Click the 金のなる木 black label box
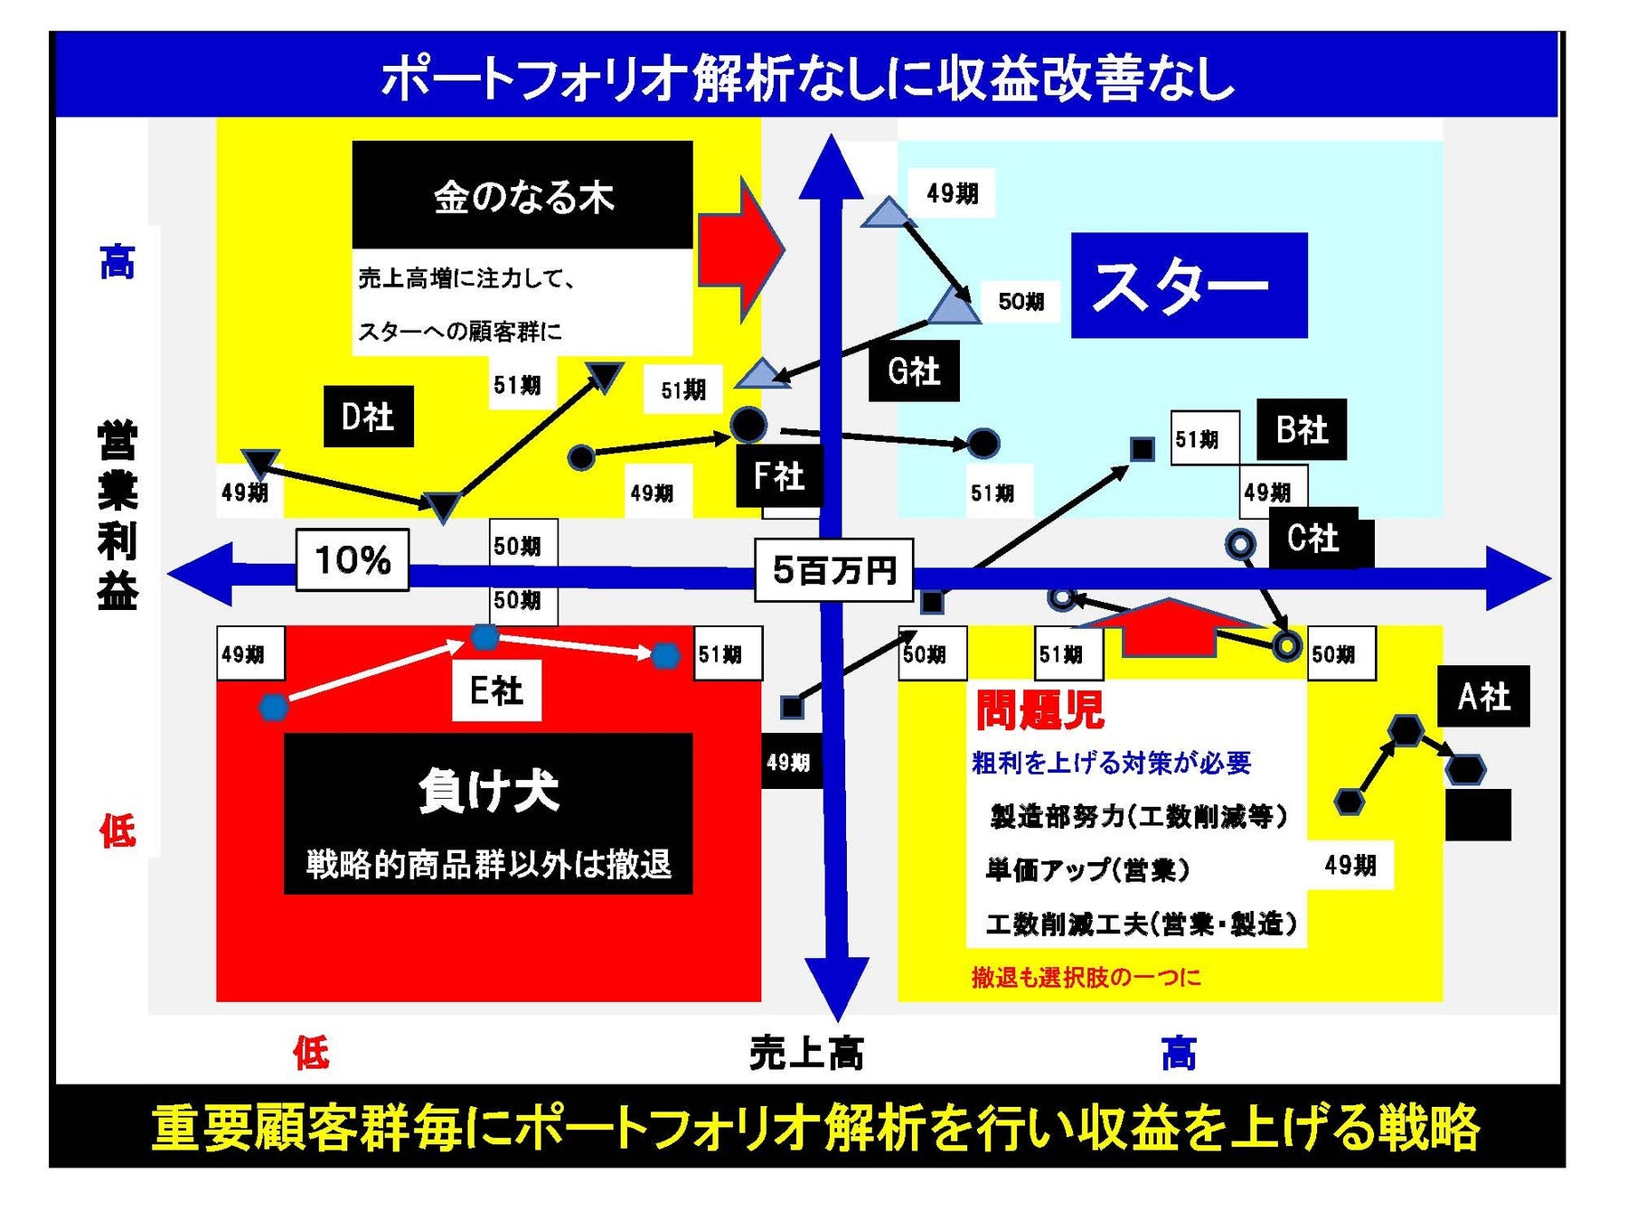(x=522, y=194)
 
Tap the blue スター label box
(x=1189, y=285)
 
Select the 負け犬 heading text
(x=488, y=791)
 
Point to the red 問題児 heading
(x=1039, y=709)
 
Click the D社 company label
(x=368, y=417)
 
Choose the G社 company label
(x=913, y=371)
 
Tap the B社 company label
(x=1302, y=429)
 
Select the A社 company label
(x=1483, y=696)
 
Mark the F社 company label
(x=778, y=475)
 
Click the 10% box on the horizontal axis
(x=353, y=560)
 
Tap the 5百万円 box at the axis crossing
(x=834, y=569)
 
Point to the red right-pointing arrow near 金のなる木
(x=741, y=249)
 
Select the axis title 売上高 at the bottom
(x=806, y=1053)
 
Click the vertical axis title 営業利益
(x=118, y=515)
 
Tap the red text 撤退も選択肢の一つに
(x=1086, y=977)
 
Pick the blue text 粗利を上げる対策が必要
(x=1111, y=763)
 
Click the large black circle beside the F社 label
(x=748, y=424)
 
